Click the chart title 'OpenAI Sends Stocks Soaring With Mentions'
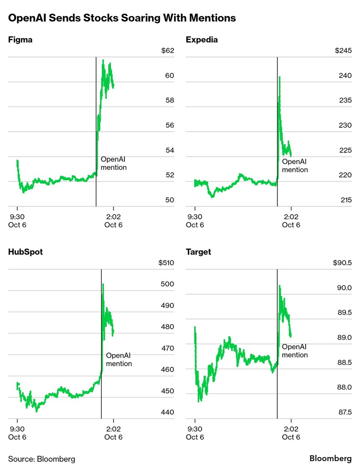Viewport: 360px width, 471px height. click(x=122, y=18)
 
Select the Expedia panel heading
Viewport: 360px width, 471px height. click(x=202, y=40)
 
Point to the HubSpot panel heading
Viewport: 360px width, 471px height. click(x=25, y=252)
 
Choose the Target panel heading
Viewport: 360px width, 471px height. click(x=198, y=252)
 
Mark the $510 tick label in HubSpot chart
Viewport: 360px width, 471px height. click(x=166, y=263)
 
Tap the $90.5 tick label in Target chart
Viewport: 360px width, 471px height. click(x=342, y=263)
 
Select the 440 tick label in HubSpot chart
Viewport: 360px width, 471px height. click(x=168, y=412)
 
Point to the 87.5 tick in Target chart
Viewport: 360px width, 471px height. click(x=344, y=412)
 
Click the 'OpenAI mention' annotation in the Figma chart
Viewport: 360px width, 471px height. click(x=114, y=163)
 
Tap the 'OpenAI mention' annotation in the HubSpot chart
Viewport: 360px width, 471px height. click(x=119, y=359)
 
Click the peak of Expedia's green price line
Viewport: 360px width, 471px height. click(x=280, y=77)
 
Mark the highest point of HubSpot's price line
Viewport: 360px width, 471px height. click(x=103, y=285)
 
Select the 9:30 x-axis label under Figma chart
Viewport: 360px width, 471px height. click(x=17, y=220)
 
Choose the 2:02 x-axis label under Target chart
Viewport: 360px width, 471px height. click(x=291, y=433)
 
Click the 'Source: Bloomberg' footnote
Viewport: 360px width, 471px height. click(x=42, y=459)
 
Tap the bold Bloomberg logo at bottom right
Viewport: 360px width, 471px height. click(x=330, y=458)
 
